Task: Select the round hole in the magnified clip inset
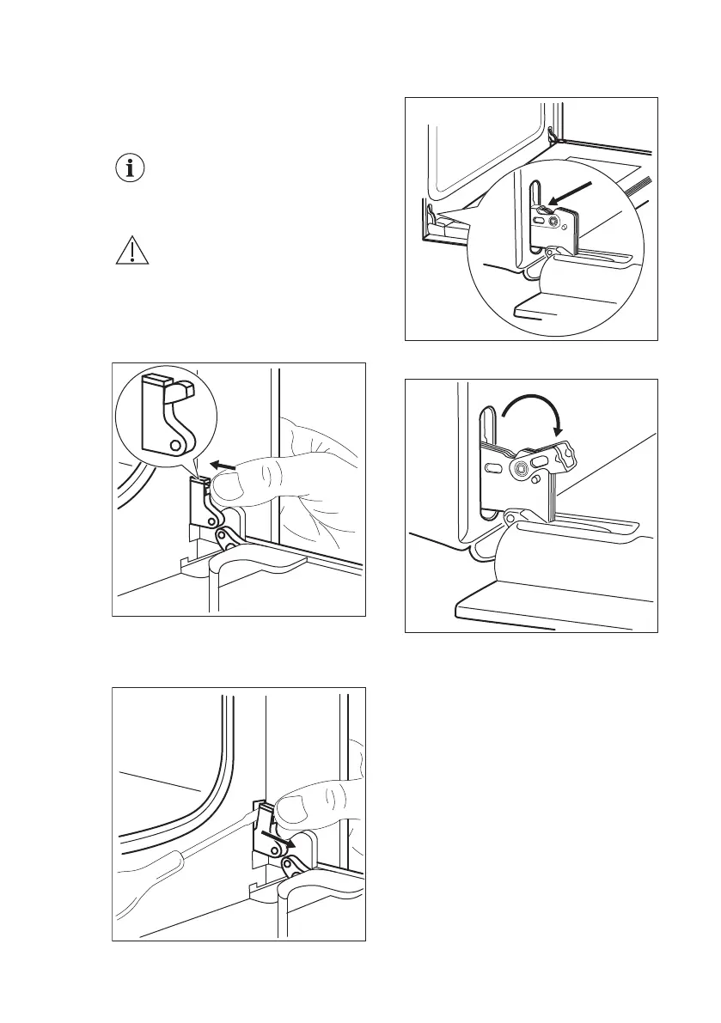(175, 446)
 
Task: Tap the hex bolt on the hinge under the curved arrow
(521, 467)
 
